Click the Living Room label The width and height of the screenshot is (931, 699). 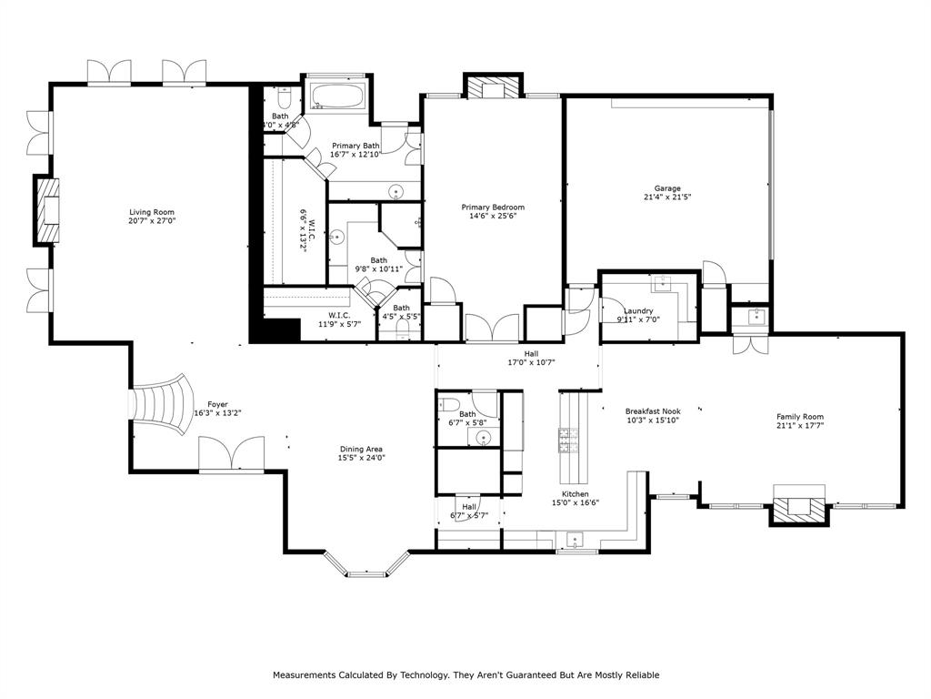point(151,212)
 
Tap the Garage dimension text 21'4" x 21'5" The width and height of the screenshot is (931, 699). point(667,197)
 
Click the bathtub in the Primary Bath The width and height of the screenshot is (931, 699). point(337,96)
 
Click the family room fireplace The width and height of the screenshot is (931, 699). point(800,507)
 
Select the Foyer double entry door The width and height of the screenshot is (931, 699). point(231,453)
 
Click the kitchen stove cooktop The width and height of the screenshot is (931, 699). point(569,441)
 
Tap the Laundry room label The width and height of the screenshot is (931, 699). point(638,311)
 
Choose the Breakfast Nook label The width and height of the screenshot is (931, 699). point(652,411)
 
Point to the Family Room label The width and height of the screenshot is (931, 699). point(800,417)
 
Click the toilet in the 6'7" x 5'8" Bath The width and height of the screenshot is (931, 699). point(449,405)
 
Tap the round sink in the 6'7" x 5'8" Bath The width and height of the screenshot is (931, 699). point(484,438)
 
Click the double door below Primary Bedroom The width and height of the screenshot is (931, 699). point(493,328)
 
